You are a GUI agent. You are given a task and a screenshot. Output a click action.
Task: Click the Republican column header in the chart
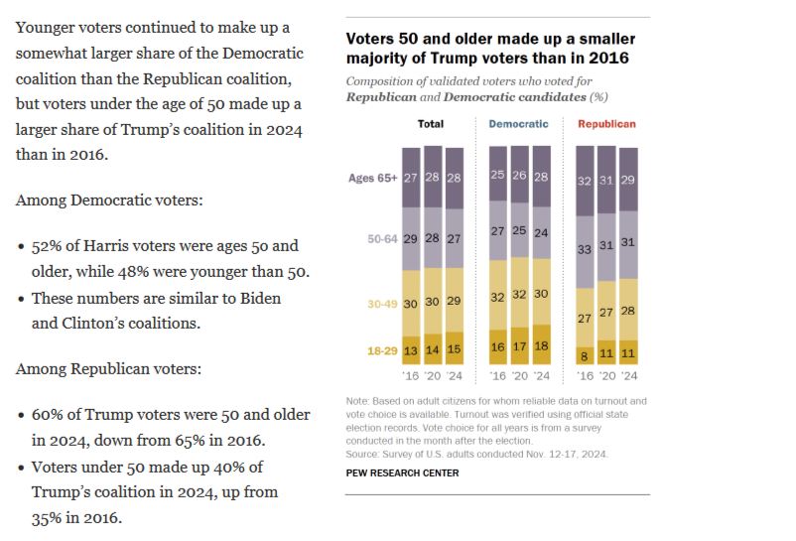tap(606, 124)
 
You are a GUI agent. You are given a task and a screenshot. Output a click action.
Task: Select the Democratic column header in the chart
tap(518, 124)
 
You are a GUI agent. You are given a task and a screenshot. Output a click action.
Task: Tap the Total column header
tap(431, 124)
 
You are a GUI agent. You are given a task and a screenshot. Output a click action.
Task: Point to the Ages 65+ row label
tap(372, 178)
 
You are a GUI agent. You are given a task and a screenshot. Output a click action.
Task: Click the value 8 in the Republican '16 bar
tap(586, 354)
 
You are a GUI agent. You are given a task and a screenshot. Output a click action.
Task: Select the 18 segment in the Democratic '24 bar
tap(541, 346)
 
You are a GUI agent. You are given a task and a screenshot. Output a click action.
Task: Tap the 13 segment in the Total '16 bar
tap(410, 350)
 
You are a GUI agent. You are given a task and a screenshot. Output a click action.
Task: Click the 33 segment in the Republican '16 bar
tap(586, 251)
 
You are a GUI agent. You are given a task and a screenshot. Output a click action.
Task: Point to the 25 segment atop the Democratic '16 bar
tap(498, 176)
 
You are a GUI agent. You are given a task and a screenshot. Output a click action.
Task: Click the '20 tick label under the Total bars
tap(432, 377)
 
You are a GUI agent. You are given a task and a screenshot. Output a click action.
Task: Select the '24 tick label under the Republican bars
tap(629, 377)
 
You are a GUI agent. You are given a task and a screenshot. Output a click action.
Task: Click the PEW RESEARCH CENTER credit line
tap(402, 473)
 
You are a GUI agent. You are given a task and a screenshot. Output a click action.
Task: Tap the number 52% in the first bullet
tap(48, 245)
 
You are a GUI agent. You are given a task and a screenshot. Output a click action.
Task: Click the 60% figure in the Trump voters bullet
tap(48, 414)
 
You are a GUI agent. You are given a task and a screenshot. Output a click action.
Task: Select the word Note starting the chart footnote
tap(357, 400)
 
